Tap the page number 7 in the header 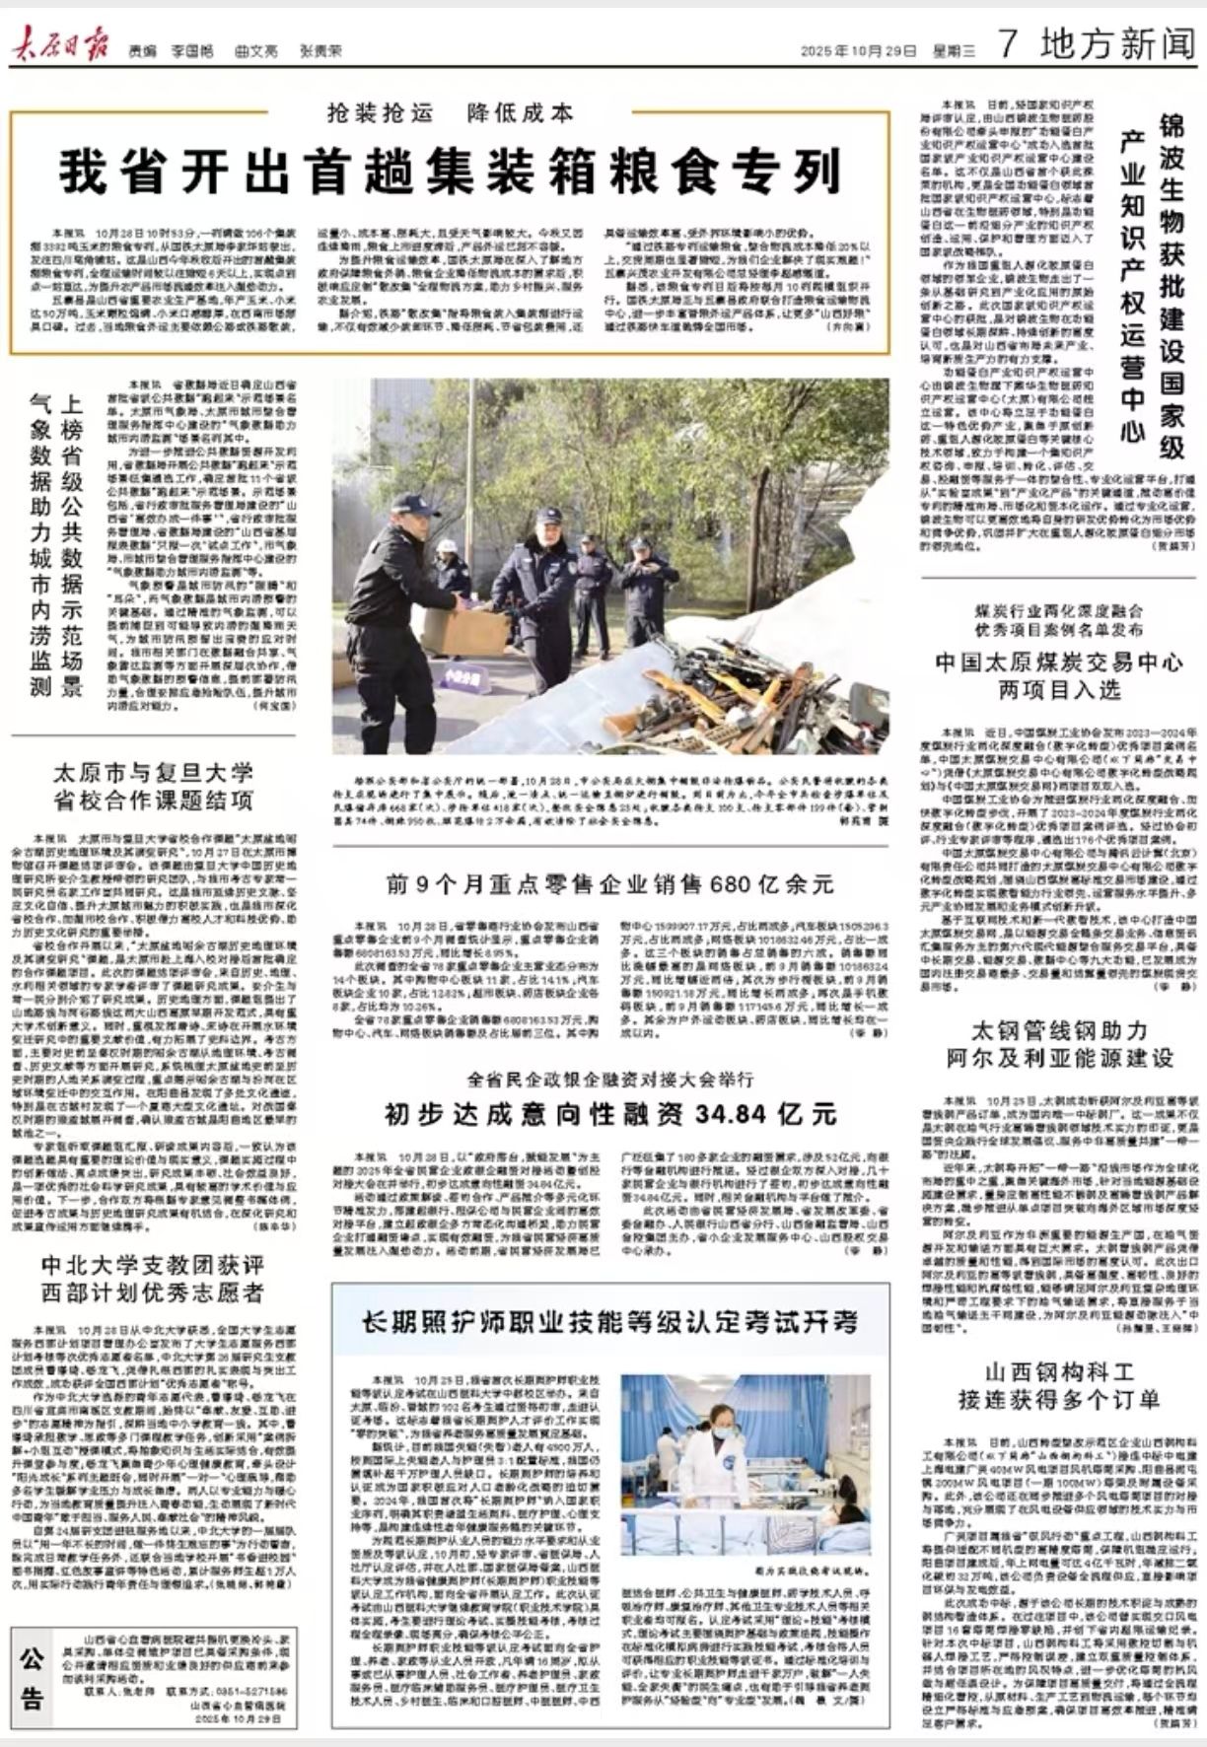(1007, 43)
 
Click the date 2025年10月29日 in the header (859, 50)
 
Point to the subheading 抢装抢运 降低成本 (451, 113)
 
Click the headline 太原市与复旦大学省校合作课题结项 (154, 786)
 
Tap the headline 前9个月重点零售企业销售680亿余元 (610, 884)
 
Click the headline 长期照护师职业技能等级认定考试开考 (610, 1323)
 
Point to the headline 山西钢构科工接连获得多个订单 (1060, 1385)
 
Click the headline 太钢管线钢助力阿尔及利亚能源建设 (1060, 1044)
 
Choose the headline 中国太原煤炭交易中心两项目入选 (1060, 675)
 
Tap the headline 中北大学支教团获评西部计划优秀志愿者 (154, 1279)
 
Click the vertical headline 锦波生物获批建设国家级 (1171, 286)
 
